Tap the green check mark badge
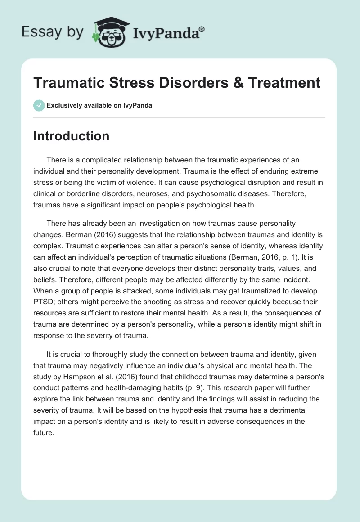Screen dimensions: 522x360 point(39,106)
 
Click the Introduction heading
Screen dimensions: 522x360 point(71,136)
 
